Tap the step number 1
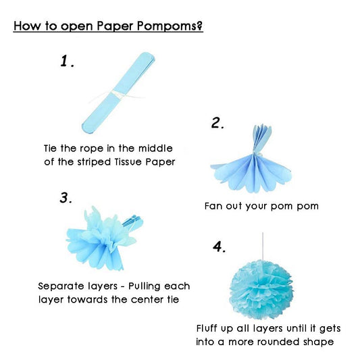(67, 61)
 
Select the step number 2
(217, 123)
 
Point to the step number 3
(66, 198)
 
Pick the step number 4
(219, 247)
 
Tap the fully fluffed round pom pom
(261, 290)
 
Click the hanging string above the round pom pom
(263, 246)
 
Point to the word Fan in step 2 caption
(213, 206)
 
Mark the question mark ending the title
(200, 26)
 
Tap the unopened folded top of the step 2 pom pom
(262, 137)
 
